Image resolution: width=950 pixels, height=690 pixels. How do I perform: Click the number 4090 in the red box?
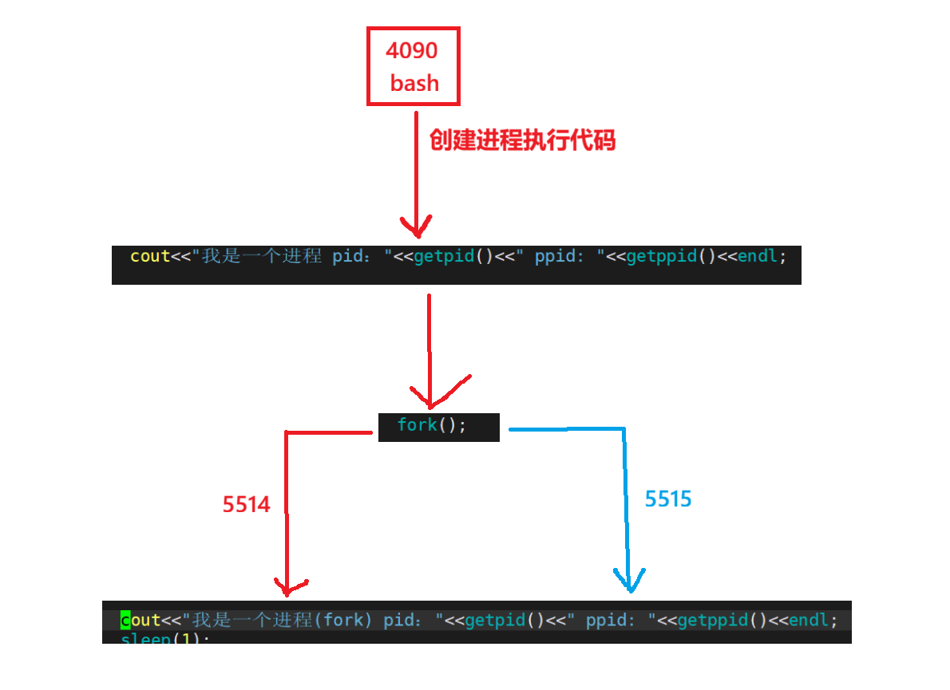pyautogui.click(x=412, y=50)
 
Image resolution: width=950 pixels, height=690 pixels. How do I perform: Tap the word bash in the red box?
pyautogui.click(x=414, y=82)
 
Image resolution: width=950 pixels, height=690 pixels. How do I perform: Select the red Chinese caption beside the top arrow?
pyautogui.click(x=523, y=140)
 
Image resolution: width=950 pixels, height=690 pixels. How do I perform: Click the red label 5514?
pyautogui.click(x=247, y=504)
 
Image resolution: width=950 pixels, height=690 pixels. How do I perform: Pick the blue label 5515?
pyautogui.click(x=668, y=499)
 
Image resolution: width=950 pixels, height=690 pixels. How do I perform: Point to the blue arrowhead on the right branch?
pyautogui.click(x=630, y=581)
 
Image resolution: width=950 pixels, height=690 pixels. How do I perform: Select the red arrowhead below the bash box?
pyautogui.click(x=417, y=226)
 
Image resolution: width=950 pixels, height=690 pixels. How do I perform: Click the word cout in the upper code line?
pyautogui.click(x=150, y=256)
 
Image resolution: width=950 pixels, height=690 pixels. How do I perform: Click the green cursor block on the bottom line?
pyautogui.click(x=125, y=620)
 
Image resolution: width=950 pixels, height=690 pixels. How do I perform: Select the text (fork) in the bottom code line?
pyautogui.click(x=343, y=620)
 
